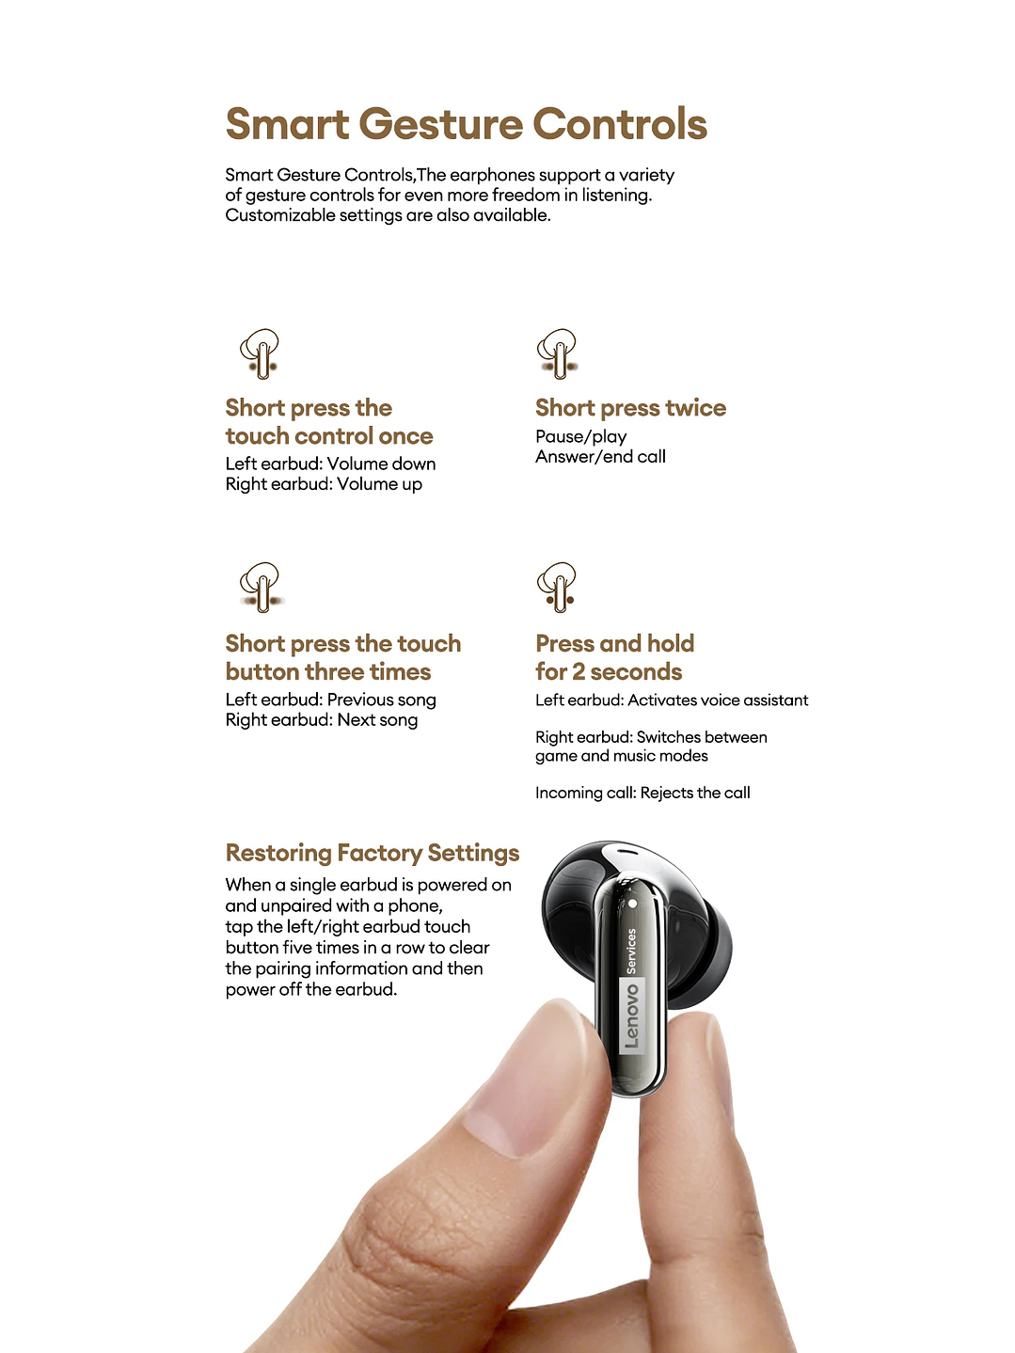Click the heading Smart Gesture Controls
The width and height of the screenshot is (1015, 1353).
467,124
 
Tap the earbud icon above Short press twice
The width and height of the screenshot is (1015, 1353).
558,354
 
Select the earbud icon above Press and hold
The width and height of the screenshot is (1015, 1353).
558,587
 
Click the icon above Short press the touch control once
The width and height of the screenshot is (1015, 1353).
260,354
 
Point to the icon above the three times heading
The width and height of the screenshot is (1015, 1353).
262,587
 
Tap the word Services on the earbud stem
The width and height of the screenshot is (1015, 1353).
631,952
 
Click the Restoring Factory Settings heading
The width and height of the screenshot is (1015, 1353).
373,853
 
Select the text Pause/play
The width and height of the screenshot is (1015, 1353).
581,436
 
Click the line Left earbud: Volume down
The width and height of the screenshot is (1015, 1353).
330,464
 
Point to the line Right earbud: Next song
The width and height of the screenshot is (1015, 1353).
322,720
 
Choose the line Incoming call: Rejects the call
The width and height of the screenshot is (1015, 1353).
642,793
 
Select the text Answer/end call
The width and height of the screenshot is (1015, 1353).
600,457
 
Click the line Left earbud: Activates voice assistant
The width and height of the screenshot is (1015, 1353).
672,700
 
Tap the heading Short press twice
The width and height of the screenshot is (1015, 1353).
631,408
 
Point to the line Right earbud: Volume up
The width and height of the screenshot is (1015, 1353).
324,484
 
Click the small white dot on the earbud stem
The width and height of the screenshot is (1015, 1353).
632,904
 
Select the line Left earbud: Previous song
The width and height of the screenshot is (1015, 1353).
330,700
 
